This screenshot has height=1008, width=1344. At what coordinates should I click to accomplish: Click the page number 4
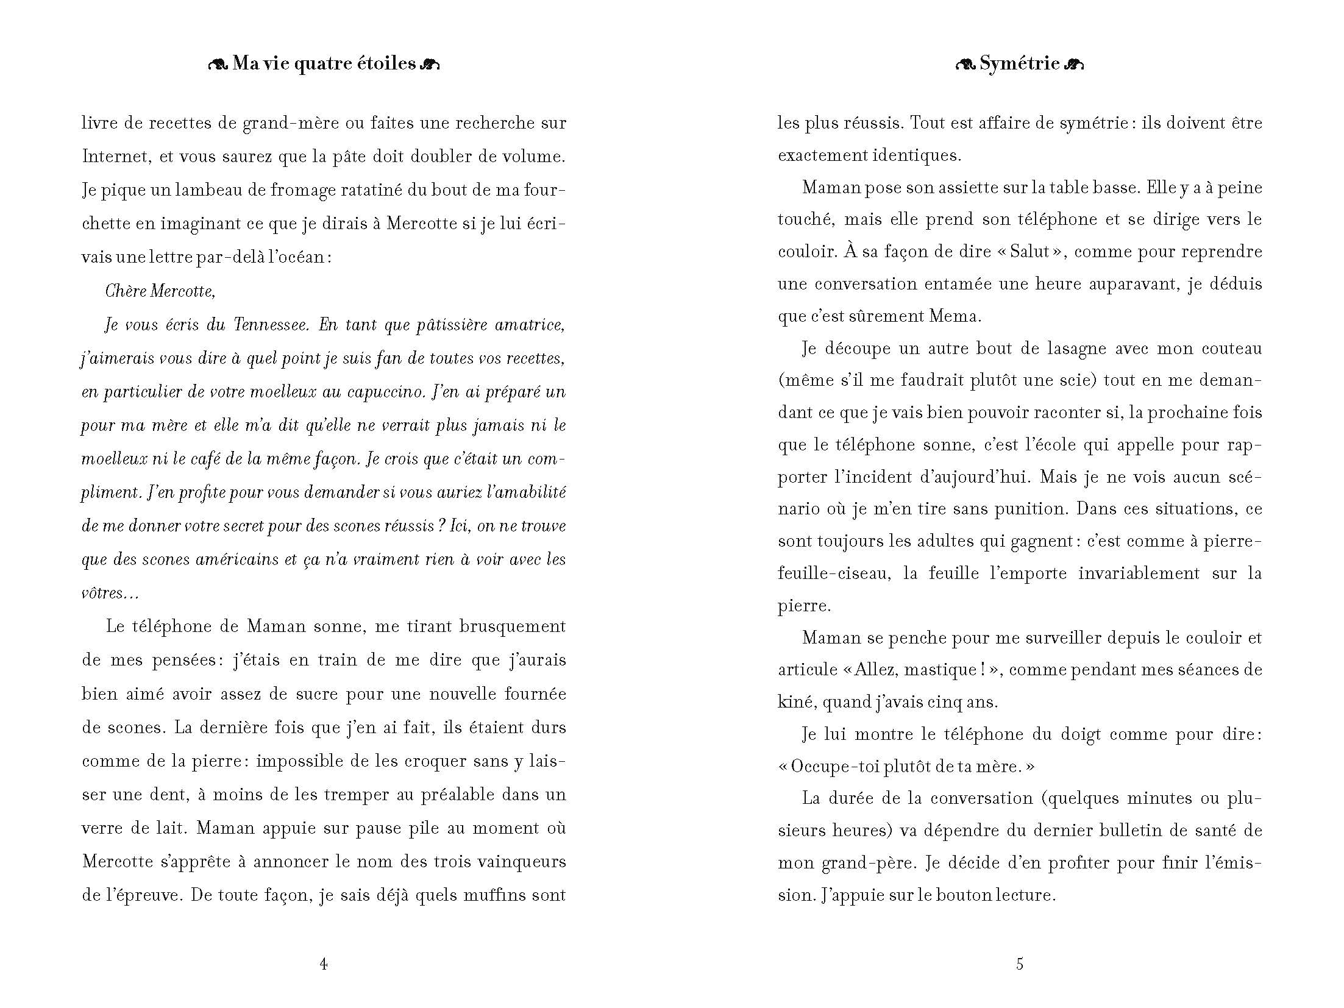(x=324, y=964)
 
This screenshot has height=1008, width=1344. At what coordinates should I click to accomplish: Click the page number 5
(x=1020, y=964)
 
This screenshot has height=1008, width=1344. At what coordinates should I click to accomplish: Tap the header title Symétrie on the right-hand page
(x=1020, y=63)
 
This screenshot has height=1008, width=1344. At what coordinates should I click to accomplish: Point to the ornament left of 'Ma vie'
(x=218, y=65)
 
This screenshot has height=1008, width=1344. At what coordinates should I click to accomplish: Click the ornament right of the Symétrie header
(x=1073, y=65)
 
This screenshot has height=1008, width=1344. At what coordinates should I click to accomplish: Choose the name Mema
(x=955, y=316)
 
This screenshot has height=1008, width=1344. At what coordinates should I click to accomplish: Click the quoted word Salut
(x=1030, y=252)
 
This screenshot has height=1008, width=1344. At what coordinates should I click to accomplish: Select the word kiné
(x=796, y=702)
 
